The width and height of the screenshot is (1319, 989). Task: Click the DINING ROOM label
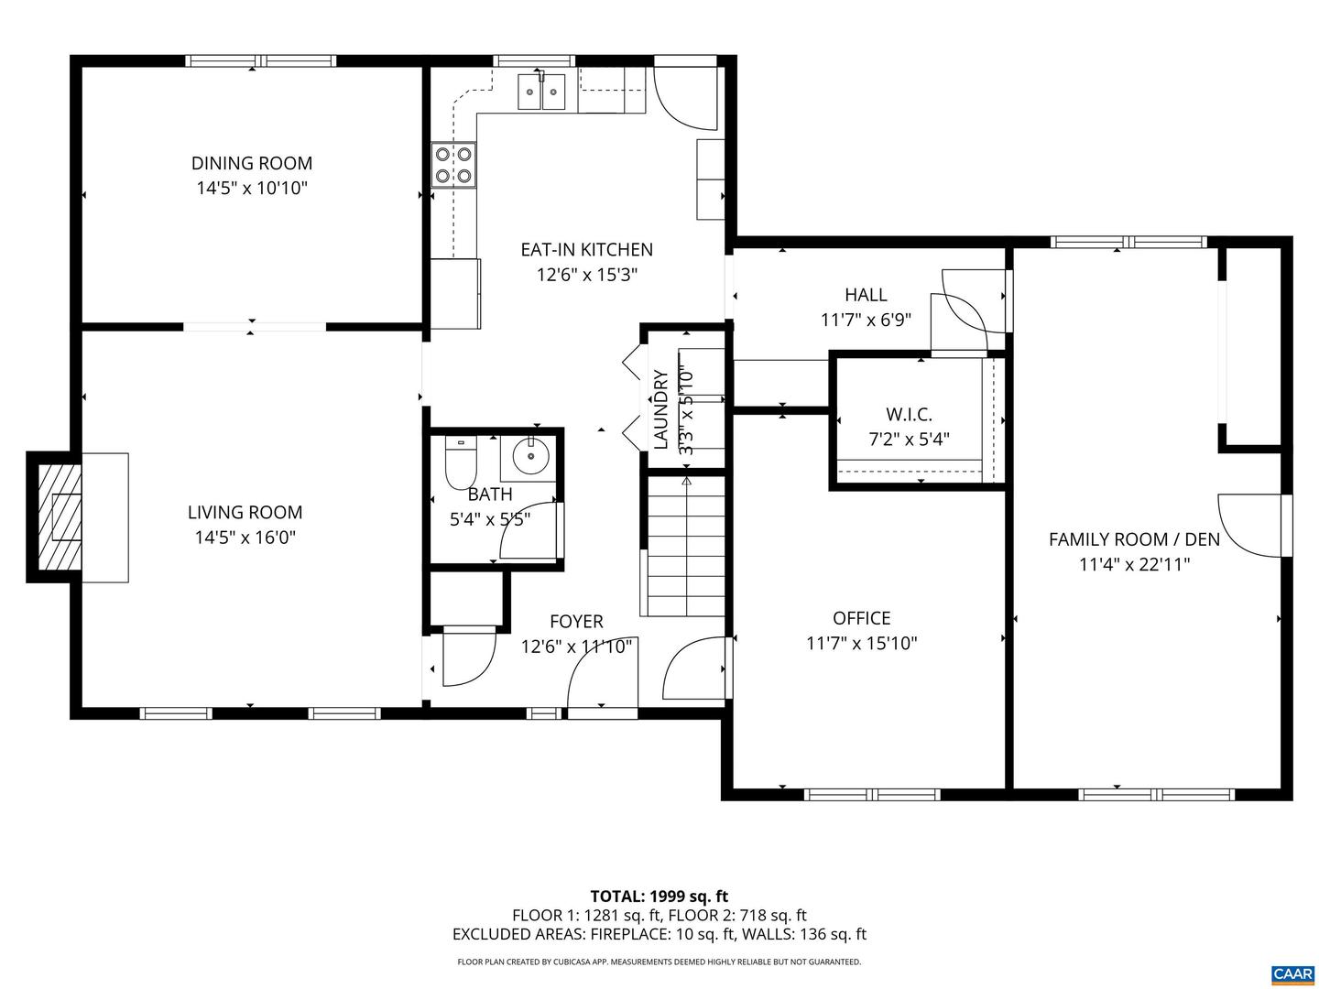coord(251,163)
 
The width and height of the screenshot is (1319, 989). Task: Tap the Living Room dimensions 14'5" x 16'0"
coord(245,538)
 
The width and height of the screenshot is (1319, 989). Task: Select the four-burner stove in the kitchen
coord(454,165)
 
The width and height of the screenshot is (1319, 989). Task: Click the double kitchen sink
coord(542,91)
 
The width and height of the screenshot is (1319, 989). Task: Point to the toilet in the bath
coord(460,463)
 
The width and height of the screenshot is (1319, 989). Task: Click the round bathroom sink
coord(529,454)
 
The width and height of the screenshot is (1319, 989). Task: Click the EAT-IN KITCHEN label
coord(586,249)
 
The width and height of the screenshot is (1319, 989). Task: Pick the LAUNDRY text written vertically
coord(660,408)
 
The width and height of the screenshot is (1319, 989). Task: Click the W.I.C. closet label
coord(909,414)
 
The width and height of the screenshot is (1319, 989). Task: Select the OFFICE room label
coord(861,618)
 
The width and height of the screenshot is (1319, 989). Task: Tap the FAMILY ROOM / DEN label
coord(1134,539)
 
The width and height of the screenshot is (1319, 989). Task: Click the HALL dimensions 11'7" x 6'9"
coord(866,321)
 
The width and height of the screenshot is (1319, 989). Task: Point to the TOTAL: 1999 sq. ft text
coord(659,896)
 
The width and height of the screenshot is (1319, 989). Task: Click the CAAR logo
coord(1291,973)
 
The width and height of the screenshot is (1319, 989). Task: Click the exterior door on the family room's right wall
coord(1255,524)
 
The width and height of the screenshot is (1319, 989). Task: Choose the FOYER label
coord(576,622)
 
